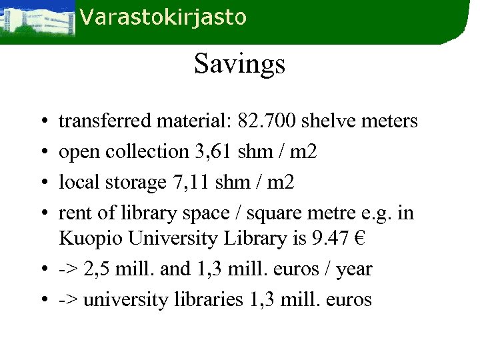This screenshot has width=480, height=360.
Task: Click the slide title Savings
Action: click(x=239, y=65)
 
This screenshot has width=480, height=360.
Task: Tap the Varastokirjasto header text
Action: click(x=163, y=18)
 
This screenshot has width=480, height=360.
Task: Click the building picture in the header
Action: click(x=37, y=20)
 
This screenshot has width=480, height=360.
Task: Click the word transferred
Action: click(x=105, y=121)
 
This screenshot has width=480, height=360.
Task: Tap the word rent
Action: click(x=73, y=213)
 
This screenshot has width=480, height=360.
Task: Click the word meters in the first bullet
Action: click(x=389, y=121)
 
